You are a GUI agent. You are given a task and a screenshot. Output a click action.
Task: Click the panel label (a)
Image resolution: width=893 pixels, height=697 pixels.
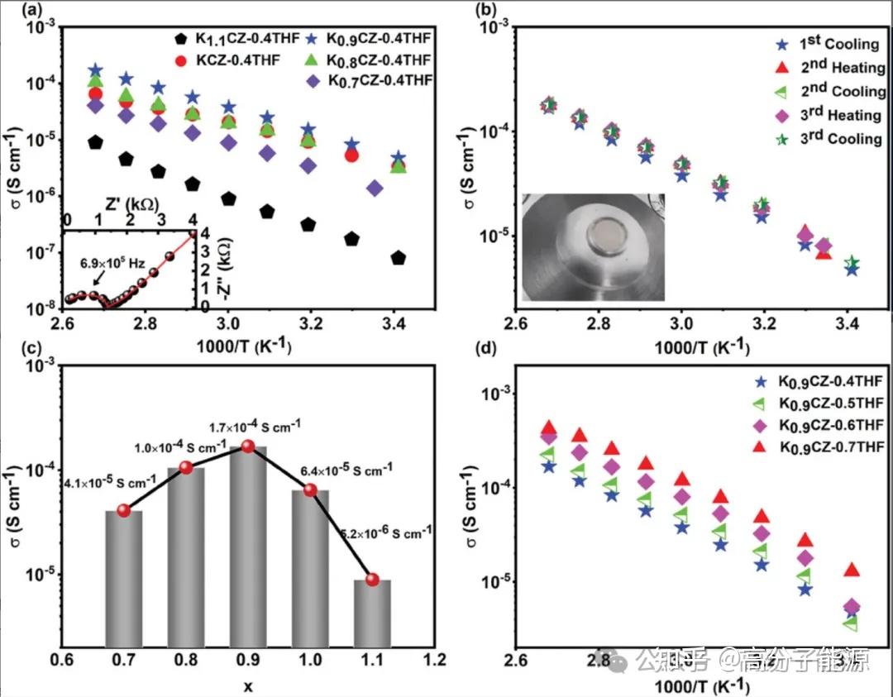coord(15,11)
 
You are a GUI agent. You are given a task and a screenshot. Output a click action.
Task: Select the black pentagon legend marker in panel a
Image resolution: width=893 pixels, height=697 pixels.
coord(183,38)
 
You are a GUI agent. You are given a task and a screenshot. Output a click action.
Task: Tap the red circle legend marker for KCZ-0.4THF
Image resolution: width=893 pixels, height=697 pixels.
coord(183,60)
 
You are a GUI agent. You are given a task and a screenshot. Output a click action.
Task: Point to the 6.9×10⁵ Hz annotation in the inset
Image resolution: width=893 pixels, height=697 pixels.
coord(112,264)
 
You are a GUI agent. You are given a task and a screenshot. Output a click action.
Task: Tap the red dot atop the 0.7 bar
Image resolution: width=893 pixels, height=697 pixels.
coord(124,510)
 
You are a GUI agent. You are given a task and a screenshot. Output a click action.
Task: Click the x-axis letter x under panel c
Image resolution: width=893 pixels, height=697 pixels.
coord(248,685)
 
